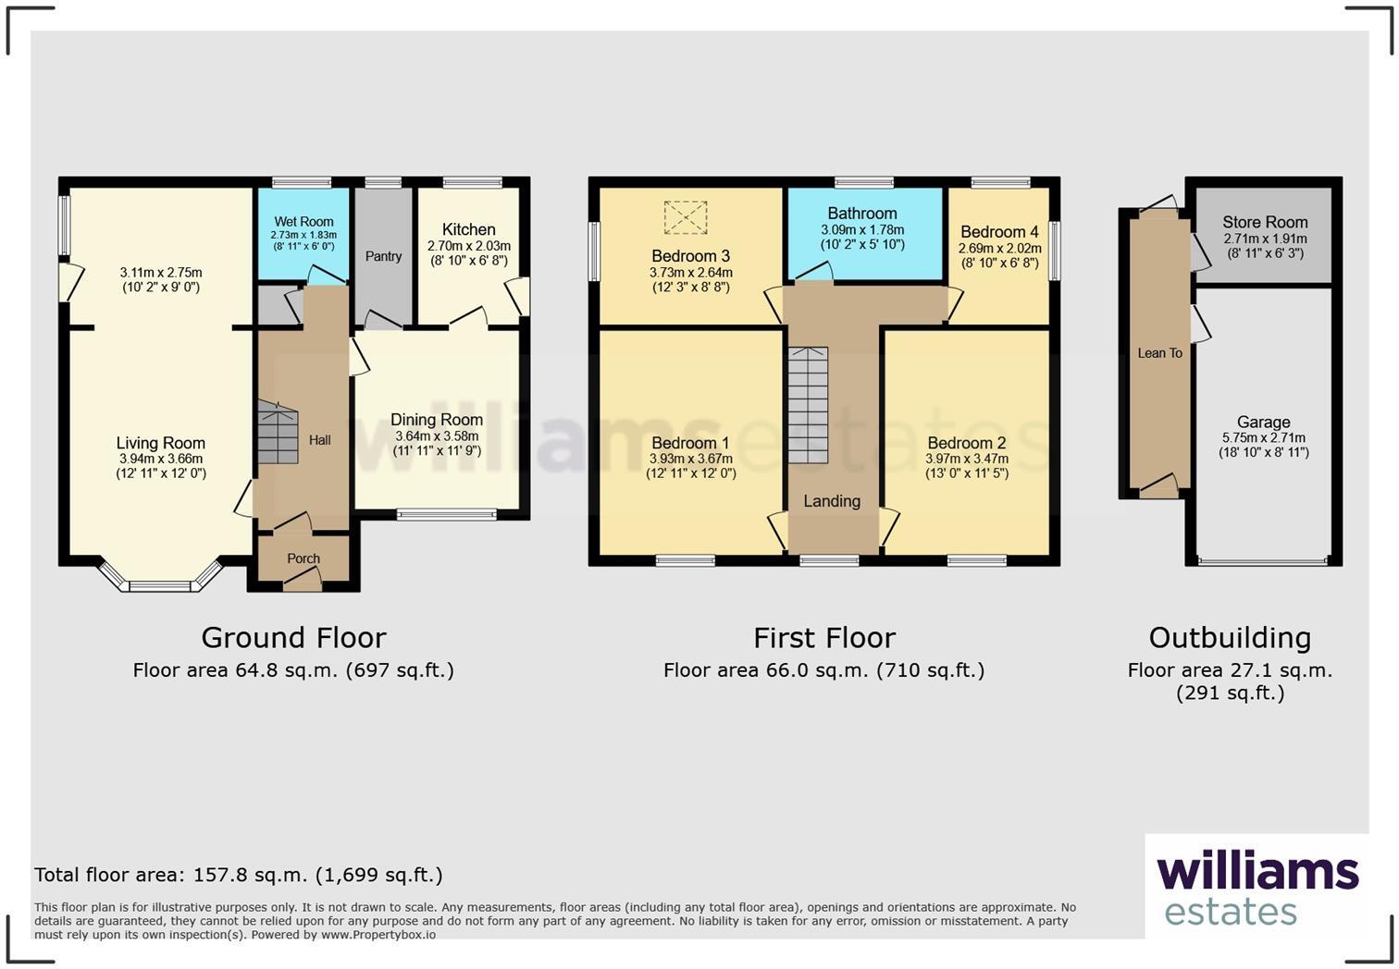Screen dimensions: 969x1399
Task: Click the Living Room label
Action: click(x=161, y=443)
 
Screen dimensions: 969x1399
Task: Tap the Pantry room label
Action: click(x=383, y=256)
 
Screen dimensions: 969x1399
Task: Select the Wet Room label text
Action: click(x=303, y=222)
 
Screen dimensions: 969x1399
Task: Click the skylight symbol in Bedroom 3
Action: click(x=686, y=218)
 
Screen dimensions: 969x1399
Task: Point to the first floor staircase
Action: click(x=808, y=405)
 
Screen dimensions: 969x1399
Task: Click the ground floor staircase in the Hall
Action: click(x=278, y=433)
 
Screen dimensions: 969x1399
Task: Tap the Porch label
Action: click(x=303, y=558)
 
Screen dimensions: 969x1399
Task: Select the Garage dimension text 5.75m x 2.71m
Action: click(x=1264, y=438)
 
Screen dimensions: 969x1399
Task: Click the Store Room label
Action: click(x=1265, y=222)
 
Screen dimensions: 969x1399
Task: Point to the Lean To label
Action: click(x=1159, y=353)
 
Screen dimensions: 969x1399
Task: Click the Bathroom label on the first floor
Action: click(x=862, y=214)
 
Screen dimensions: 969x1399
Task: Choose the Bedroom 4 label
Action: click(x=999, y=232)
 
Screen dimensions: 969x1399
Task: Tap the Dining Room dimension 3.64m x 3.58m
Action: click(x=437, y=436)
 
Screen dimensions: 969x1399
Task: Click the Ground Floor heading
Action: click(x=293, y=638)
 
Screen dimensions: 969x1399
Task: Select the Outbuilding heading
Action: click(x=1230, y=638)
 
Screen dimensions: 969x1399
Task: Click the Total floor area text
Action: click(x=239, y=875)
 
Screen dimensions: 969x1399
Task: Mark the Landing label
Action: click(x=832, y=501)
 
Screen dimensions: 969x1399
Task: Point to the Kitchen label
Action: click(x=469, y=229)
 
